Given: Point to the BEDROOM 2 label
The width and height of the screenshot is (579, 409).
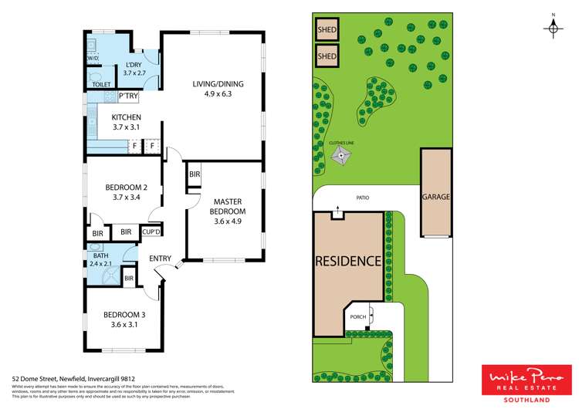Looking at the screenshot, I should [x=125, y=193].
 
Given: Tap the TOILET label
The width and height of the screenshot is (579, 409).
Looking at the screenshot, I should [x=101, y=83].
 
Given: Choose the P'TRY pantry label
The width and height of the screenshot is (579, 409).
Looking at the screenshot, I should [x=127, y=96].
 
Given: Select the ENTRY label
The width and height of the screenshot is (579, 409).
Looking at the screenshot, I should [x=161, y=259].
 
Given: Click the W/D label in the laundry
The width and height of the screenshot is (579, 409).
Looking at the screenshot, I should [x=93, y=58].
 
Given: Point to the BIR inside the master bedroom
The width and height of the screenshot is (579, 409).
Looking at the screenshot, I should [x=194, y=175].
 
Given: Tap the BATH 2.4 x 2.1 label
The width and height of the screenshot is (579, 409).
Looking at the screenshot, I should [x=101, y=259].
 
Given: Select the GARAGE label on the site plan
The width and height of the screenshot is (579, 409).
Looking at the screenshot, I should [x=435, y=197].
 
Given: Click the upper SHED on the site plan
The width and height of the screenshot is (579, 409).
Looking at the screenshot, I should [x=327, y=32].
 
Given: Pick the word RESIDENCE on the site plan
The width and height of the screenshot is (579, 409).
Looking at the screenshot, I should [x=347, y=261].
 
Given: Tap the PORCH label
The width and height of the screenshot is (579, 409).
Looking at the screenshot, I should [x=357, y=317].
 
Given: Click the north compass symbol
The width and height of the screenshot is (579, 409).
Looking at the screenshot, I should [x=553, y=27].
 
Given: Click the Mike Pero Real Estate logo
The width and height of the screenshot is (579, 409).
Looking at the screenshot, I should [x=527, y=384].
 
